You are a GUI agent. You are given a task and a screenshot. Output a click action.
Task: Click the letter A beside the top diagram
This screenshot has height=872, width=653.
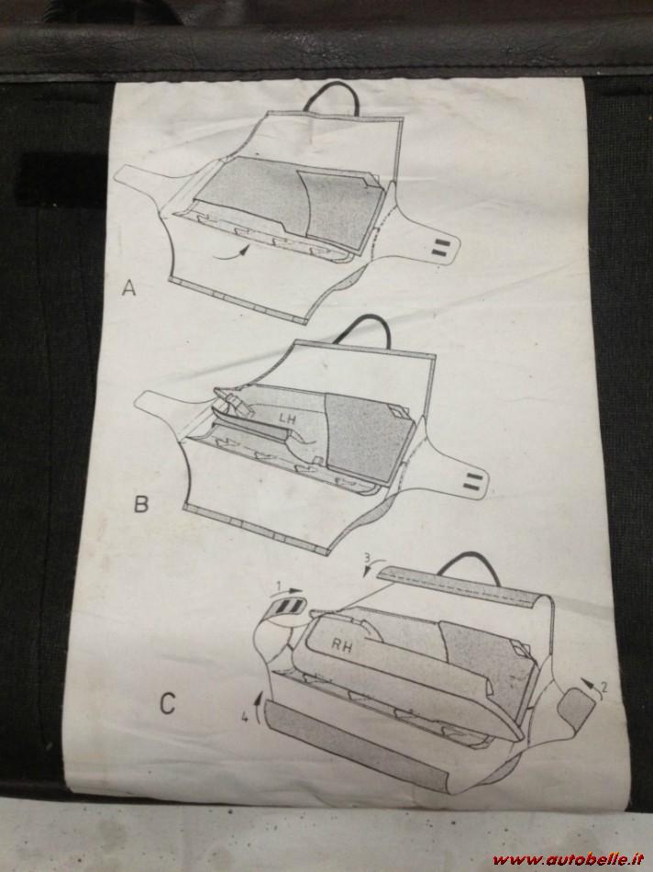pos(129,288)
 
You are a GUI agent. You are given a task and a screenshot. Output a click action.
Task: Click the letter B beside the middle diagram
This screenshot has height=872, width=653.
pos(141,504)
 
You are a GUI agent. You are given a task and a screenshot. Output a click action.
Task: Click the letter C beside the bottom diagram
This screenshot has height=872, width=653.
pos(167,703)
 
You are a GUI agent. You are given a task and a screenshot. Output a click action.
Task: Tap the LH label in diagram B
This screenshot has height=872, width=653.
pos(287,419)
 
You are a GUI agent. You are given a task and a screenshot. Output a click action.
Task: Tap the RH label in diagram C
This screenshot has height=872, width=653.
pos(343,646)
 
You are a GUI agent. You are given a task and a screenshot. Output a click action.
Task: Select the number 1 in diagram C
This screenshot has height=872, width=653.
pos(280,586)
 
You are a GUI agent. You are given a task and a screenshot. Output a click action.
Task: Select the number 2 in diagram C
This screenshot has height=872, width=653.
pos(604,687)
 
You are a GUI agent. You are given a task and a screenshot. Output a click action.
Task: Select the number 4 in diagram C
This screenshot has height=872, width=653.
pos(245,718)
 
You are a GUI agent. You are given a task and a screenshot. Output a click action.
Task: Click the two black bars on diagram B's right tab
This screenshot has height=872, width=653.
pos(471,481)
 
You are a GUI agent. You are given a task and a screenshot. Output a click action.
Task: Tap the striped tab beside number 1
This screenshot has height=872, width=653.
pos(288,608)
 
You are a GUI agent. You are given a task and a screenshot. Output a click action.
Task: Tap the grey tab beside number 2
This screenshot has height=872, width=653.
pos(576,705)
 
